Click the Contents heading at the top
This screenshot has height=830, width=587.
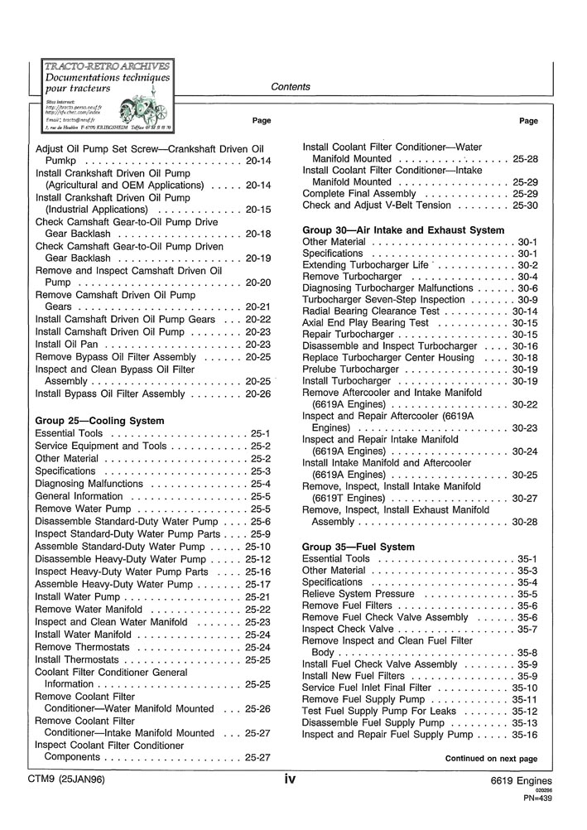point(291,87)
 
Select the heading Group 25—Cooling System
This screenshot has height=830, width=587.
point(99,421)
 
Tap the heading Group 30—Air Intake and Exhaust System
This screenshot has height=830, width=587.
point(403,229)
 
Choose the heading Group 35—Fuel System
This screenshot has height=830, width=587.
point(358,548)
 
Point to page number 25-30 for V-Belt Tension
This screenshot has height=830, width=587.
point(525,205)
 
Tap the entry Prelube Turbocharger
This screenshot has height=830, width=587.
point(350,369)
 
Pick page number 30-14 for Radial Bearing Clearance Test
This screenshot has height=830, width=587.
point(525,311)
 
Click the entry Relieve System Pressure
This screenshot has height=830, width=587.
point(358,594)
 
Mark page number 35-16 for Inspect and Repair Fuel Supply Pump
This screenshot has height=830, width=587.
point(525,734)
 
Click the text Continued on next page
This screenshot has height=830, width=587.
point(491,758)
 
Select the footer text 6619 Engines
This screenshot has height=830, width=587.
point(521,781)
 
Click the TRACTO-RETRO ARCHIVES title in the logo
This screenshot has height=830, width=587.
point(108,66)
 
